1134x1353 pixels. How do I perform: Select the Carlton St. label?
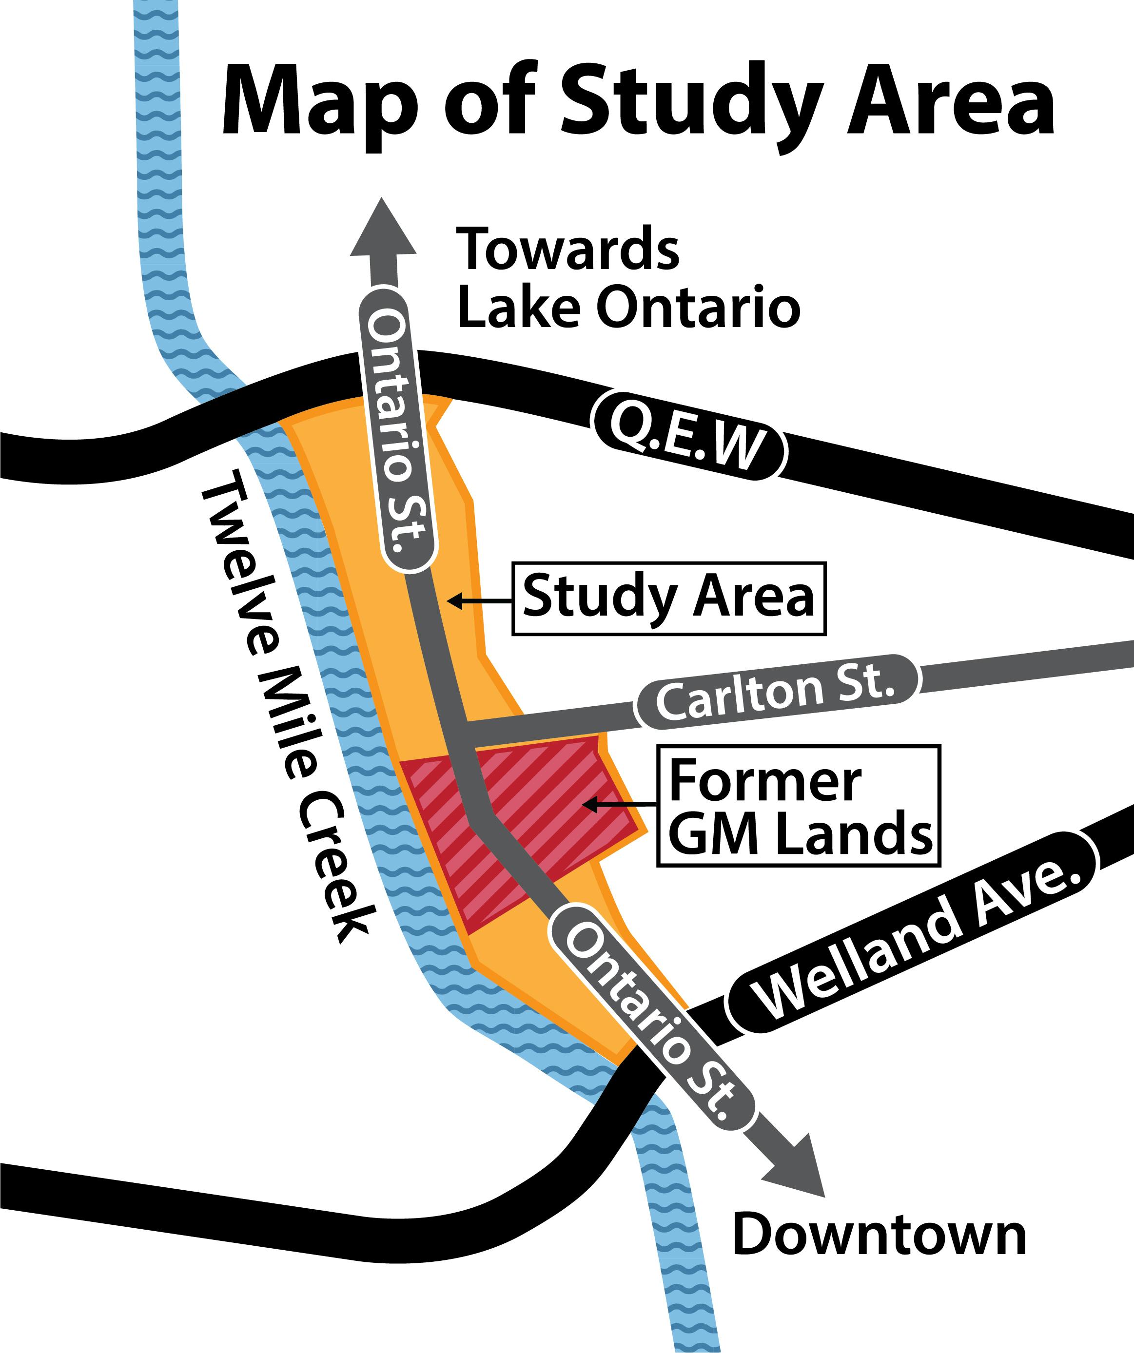click(777, 692)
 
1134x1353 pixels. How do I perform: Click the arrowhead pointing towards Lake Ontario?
click(383, 229)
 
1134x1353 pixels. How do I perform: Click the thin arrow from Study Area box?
click(480, 601)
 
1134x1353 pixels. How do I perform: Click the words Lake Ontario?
click(628, 307)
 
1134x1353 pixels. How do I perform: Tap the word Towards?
click(567, 249)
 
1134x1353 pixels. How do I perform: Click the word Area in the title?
click(950, 103)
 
